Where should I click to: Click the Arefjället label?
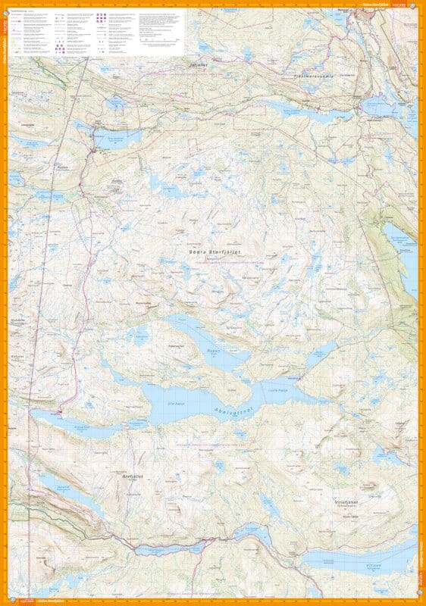(x=133, y=476)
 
